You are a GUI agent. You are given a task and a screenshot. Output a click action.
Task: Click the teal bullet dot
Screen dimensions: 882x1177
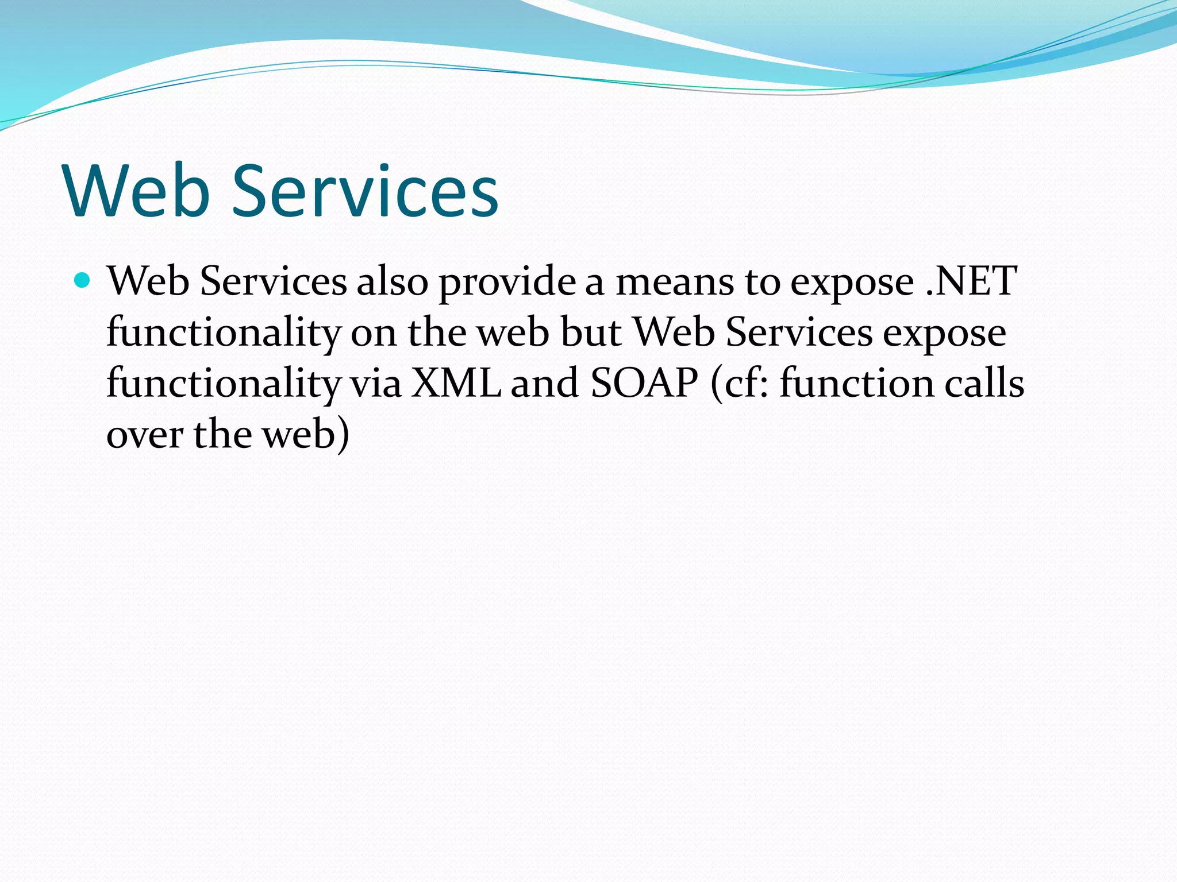(83, 281)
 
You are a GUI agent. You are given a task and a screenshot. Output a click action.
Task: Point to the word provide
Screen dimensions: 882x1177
(507, 283)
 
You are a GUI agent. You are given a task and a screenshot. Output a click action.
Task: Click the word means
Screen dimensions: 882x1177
(674, 283)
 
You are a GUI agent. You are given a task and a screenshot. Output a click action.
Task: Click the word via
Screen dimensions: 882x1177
(376, 383)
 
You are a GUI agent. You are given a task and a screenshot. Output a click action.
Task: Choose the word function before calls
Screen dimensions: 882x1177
(856, 383)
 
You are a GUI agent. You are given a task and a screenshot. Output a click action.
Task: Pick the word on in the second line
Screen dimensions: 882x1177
(374, 333)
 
